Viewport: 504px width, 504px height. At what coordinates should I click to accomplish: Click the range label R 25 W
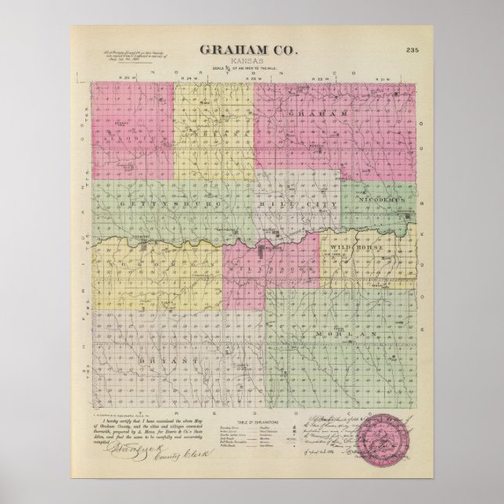pyautogui.click(x=121, y=80)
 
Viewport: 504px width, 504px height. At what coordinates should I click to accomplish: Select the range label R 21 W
pyautogui.click(x=384, y=80)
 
